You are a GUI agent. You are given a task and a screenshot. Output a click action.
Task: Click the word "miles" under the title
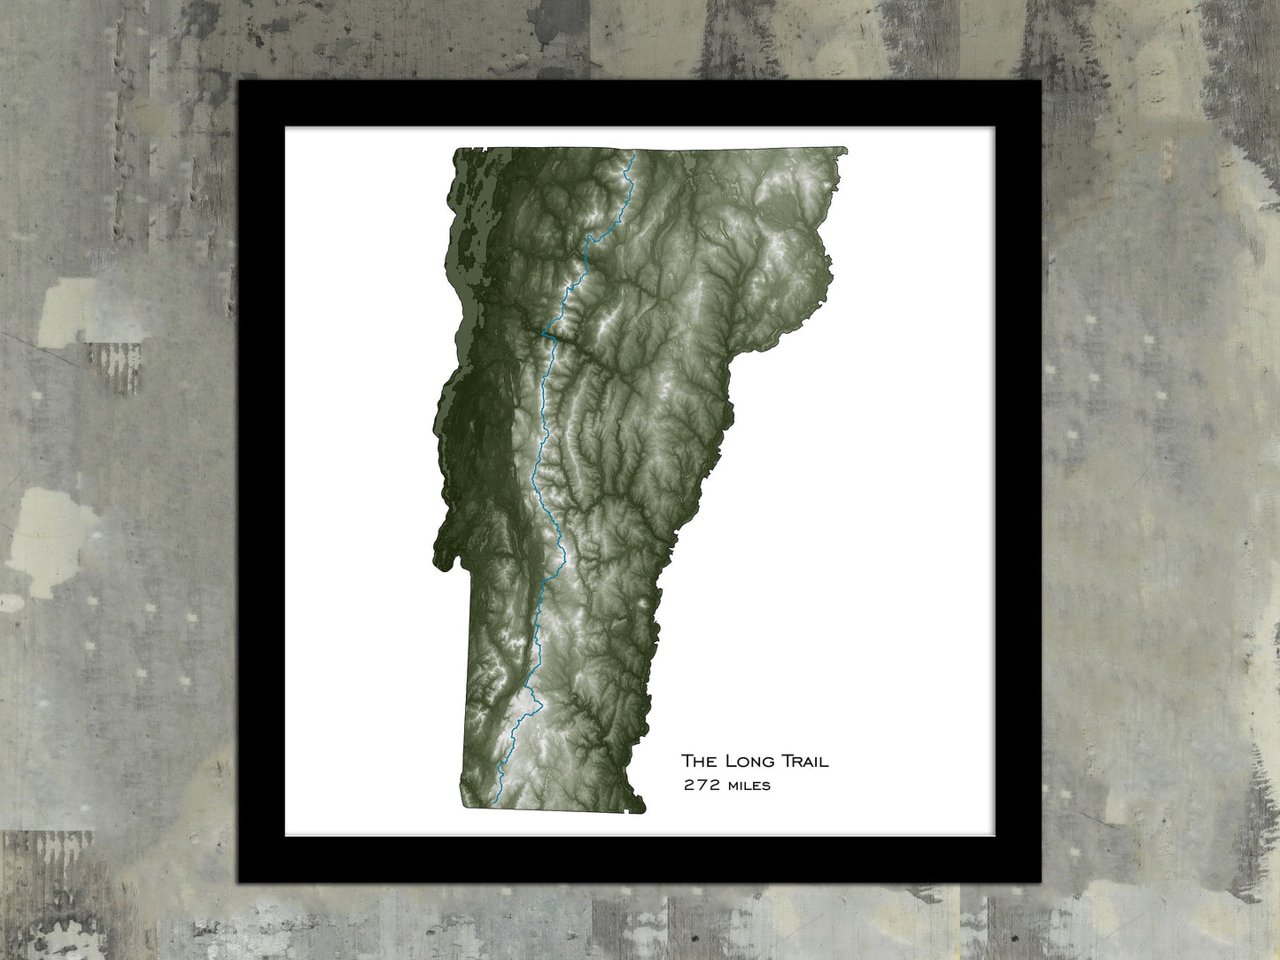[748, 785]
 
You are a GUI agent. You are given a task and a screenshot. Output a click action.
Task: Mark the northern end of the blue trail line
[633, 156]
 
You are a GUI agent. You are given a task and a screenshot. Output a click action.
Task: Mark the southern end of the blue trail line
[494, 804]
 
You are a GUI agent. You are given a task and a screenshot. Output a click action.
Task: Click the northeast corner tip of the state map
[846, 150]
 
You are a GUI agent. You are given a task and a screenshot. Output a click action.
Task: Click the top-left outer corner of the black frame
[239, 81]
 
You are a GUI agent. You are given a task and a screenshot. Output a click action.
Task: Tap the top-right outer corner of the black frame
[1041, 81]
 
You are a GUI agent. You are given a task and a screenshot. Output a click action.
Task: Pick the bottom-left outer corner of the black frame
[239, 882]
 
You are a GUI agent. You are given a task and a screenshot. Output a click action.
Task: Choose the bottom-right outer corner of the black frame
[1041, 882]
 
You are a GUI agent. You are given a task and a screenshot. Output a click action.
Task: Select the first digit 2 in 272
[687, 785]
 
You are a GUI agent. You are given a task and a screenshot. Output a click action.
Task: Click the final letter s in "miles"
[766, 786]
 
